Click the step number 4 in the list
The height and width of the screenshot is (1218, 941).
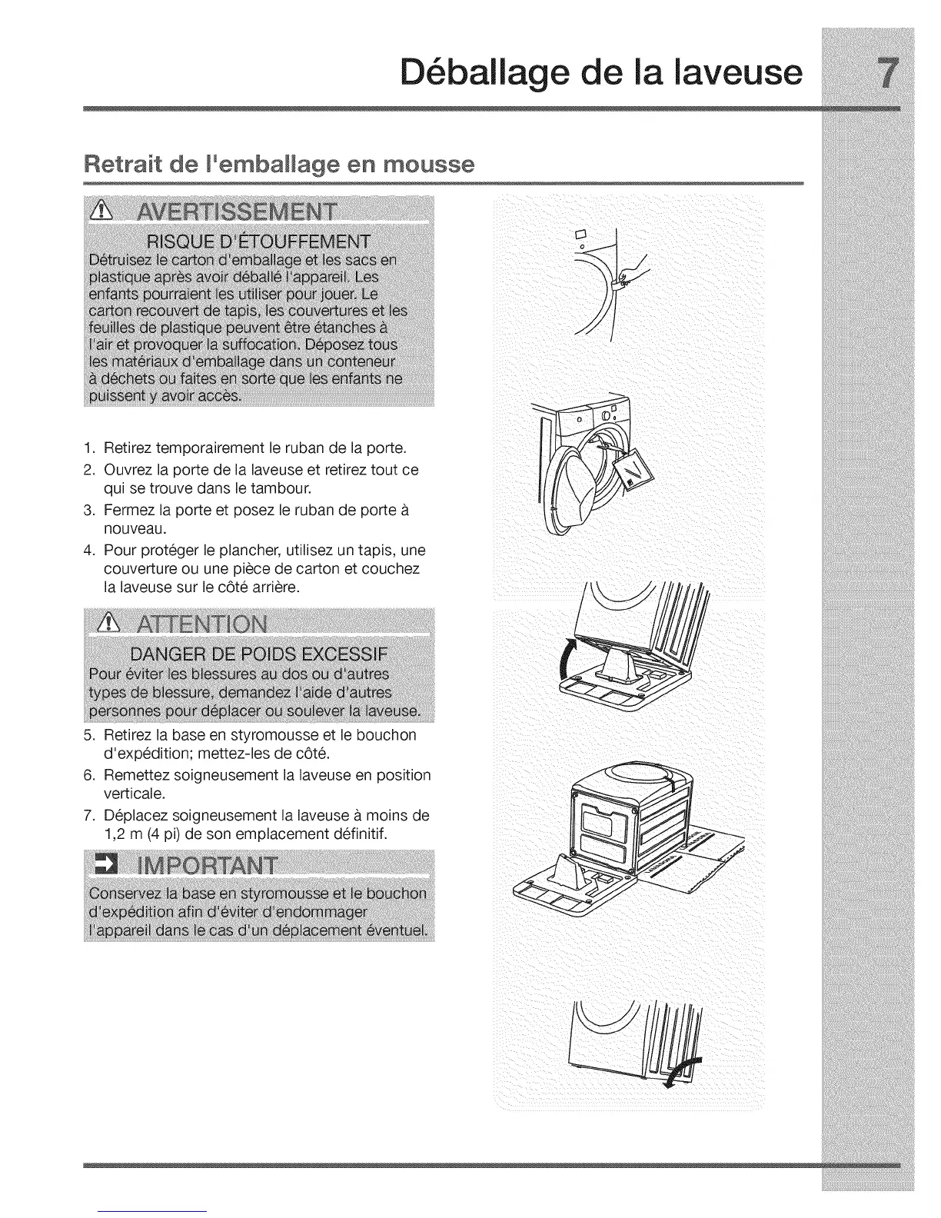point(88,551)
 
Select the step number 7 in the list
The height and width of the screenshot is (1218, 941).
point(88,815)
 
